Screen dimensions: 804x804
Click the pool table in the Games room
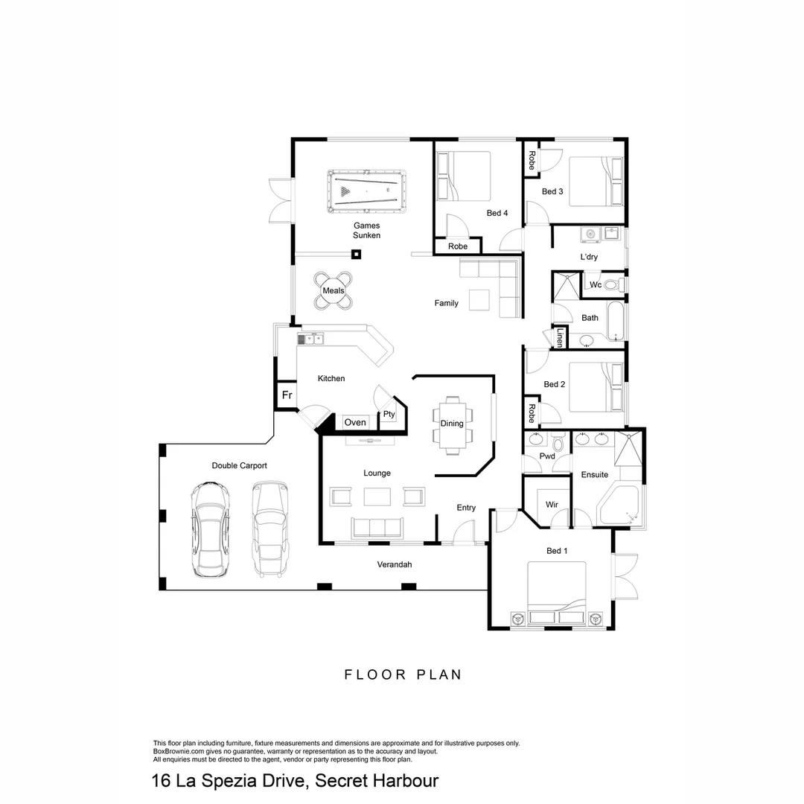point(366,191)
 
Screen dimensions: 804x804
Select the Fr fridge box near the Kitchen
point(286,395)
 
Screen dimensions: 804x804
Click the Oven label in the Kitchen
point(355,422)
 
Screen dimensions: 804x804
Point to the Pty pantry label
point(389,415)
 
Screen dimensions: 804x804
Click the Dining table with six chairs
point(452,424)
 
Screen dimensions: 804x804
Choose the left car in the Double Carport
point(210,529)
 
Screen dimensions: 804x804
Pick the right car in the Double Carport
point(269,529)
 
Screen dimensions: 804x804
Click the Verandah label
point(395,564)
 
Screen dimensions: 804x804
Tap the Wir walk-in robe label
point(552,504)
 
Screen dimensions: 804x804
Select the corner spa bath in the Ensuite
point(619,508)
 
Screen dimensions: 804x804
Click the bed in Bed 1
point(557,594)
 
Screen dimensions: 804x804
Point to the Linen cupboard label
point(560,338)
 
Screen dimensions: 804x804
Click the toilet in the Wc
point(613,284)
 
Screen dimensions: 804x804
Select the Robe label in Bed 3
point(532,160)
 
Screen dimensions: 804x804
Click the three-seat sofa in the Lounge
point(376,527)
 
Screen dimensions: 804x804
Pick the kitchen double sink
point(311,339)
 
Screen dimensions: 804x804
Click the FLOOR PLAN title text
point(403,674)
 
